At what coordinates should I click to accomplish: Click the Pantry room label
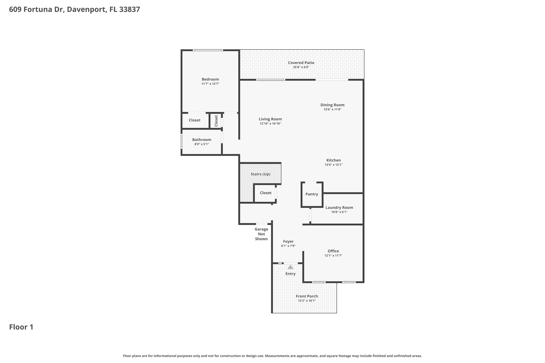312,194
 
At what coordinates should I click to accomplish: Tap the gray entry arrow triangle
290,267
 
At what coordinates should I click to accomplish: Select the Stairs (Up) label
260,174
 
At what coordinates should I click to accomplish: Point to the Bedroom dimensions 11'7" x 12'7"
210,84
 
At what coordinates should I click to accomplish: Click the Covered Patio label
301,63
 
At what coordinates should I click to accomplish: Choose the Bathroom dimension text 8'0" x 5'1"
201,144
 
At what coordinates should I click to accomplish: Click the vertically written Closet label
216,121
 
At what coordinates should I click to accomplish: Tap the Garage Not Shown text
261,234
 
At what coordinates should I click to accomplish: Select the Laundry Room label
339,207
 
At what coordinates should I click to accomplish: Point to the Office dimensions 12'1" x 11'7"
333,256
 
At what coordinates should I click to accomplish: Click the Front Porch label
307,296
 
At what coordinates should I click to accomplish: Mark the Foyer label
288,241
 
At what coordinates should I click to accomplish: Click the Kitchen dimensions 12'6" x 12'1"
333,165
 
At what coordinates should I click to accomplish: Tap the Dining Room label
332,105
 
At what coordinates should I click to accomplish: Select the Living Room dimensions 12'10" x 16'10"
270,124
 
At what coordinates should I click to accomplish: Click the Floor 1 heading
21,327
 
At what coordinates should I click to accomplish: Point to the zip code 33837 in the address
130,10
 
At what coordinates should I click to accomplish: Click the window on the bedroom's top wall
208,50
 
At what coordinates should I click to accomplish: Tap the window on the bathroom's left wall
181,141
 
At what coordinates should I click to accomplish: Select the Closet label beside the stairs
265,193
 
